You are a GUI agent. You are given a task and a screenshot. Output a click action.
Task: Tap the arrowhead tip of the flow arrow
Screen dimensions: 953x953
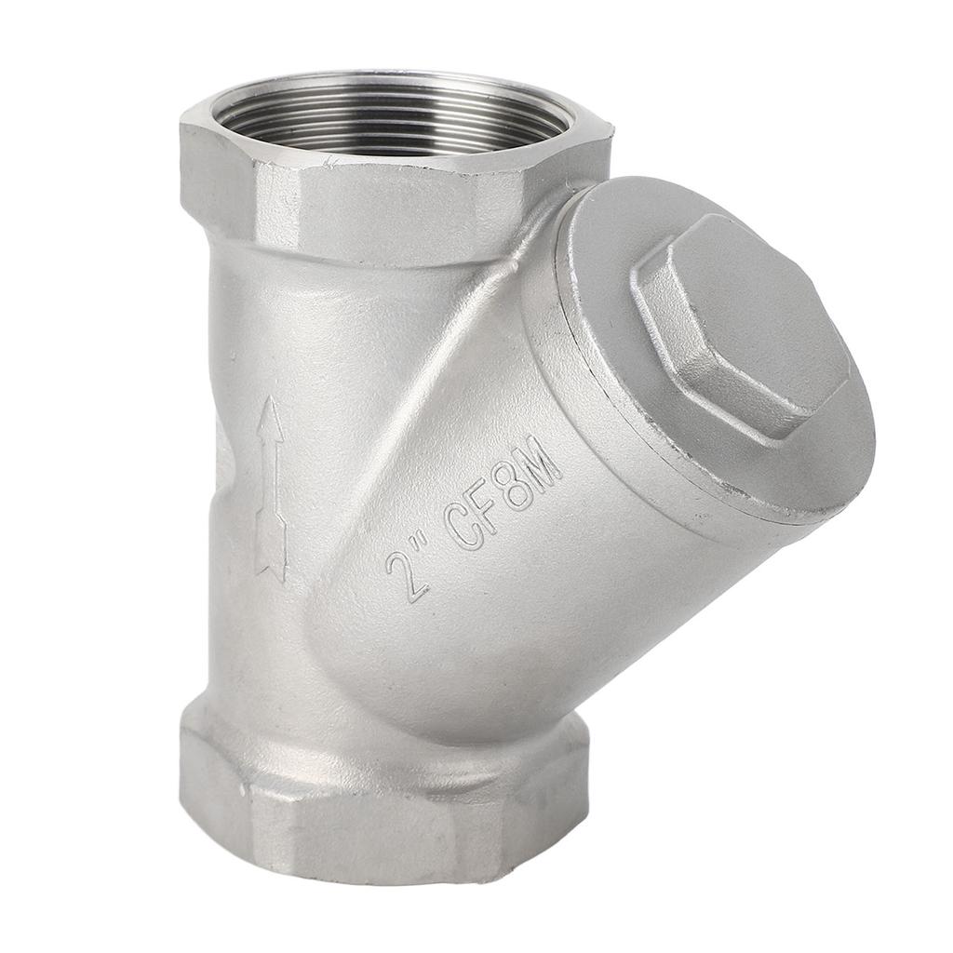[271, 396]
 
